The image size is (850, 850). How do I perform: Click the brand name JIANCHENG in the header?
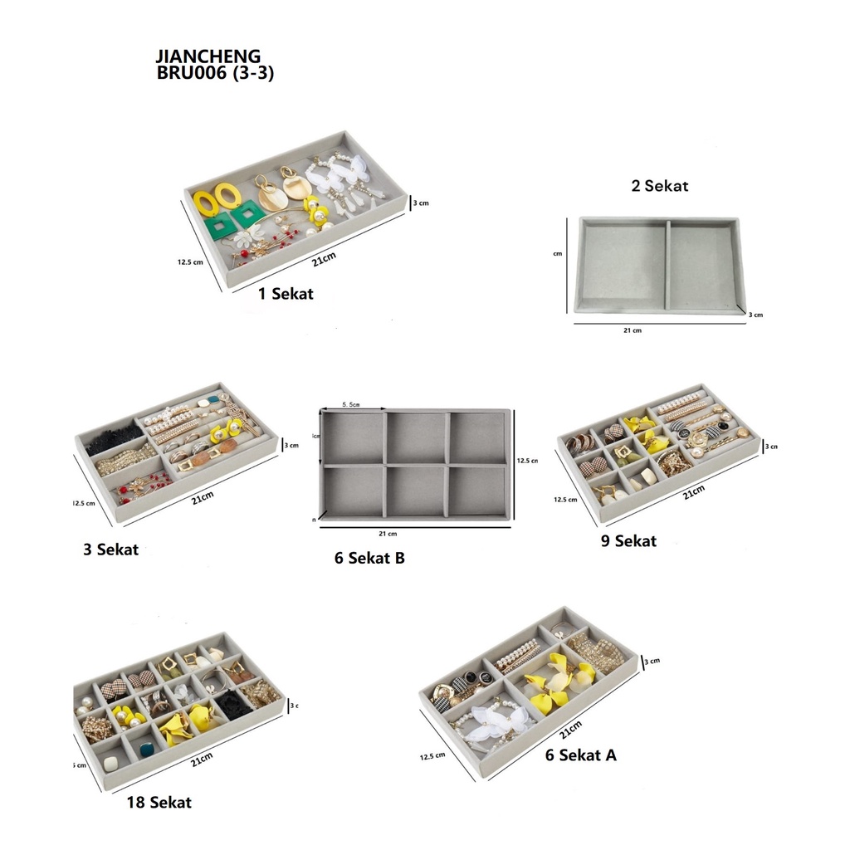pyautogui.click(x=208, y=56)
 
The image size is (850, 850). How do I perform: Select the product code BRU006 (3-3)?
pyautogui.click(x=215, y=73)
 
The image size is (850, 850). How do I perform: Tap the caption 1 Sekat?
pyautogui.click(x=286, y=293)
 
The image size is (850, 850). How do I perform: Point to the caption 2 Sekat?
pyautogui.click(x=659, y=186)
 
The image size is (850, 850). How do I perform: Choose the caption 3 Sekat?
pyautogui.click(x=110, y=550)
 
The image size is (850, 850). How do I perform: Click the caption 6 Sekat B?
pyautogui.click(x=369, y=559)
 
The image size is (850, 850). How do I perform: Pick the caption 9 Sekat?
pyautogui.click(x=628, y=541)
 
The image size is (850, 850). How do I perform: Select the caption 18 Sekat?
pyautogui.click(x=159, y=802)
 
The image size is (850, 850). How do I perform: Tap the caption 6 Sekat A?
pyautogui.click(x=581, y=755)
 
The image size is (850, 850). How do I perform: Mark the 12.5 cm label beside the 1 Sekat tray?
pyautogui.click(x=191, y=262)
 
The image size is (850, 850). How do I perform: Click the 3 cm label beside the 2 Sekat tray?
pyautogui.click(x=755, y=315)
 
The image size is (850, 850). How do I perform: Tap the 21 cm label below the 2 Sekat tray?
pyautogui.click(x=632, y=330)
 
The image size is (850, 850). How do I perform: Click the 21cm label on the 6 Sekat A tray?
pyautogui.click(x=570, y=731)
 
